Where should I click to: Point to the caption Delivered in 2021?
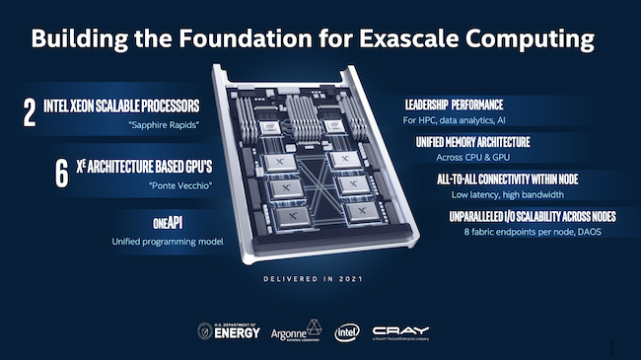coord(320,279)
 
